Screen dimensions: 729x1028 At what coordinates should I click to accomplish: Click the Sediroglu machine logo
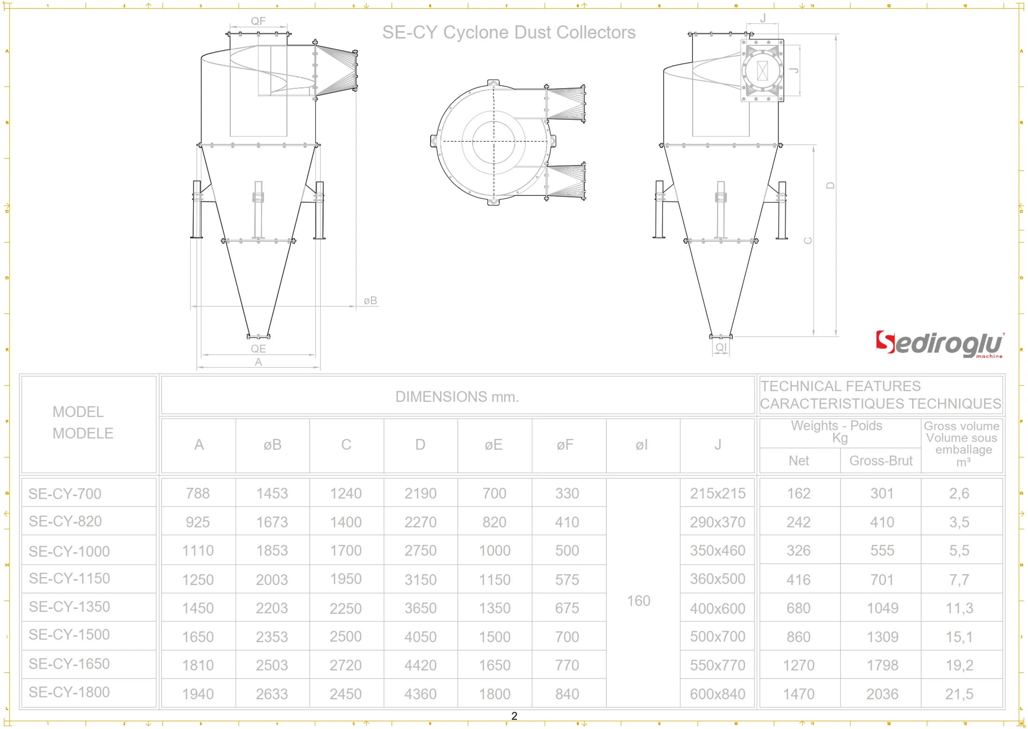point(939,344)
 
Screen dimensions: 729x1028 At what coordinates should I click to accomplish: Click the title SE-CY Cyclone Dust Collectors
point(509,32)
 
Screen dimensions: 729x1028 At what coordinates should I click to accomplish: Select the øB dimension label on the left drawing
point(370,301)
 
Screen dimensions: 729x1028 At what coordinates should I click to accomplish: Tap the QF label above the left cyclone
point(258,21)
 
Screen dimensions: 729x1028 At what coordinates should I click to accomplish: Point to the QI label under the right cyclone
point(721,347)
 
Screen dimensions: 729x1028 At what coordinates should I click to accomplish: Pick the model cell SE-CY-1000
point(69,551)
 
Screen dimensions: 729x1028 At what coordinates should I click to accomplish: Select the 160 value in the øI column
point(638,601)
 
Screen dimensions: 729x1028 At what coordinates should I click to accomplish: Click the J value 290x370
point(717,522)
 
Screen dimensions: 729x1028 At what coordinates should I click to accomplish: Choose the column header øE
point(493,445)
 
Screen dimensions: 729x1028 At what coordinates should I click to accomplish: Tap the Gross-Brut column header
point(880,461)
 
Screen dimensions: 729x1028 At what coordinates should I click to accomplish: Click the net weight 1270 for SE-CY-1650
point(798,665)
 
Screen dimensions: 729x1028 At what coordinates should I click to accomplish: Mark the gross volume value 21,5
point(959,694)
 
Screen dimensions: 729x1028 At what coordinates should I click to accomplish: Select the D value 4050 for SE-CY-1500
point(420,637)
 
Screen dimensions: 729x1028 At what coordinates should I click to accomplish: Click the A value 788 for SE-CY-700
point(198,493)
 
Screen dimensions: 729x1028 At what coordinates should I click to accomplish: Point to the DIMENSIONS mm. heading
point(457,397)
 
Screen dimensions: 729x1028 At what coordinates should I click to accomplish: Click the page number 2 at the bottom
point(514,716)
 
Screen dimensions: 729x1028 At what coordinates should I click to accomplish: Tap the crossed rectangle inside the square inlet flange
point(762,71)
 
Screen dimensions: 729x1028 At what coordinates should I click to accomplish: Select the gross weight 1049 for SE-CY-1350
point(882,608)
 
